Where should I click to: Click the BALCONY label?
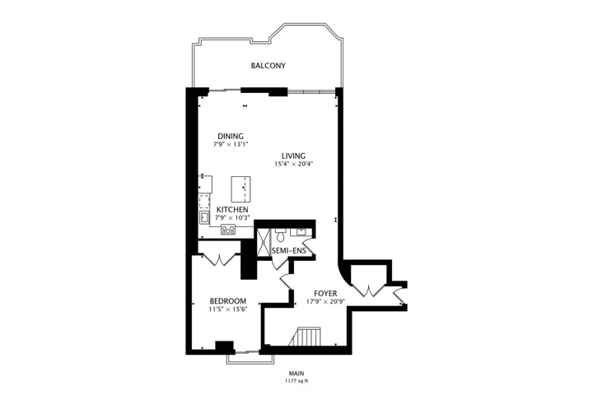pos(268,65)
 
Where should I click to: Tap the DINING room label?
pos(231,136)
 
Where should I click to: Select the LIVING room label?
pos(293,156)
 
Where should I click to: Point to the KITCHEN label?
pos(232,209)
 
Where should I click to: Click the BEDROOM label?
pos(227,301)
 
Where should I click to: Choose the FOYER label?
pos(325,293)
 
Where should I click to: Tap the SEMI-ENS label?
pos(288,251)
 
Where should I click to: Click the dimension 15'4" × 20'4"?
pos(294,164)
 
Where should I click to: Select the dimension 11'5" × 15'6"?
pos(228,309)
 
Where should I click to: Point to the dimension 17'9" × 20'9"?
pos(325,302)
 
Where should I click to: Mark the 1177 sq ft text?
pos(296,381)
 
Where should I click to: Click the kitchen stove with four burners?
pos(228,230)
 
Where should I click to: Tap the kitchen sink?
pos(204,217)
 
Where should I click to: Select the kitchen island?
pos(240,189)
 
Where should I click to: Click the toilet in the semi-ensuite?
pos(280,235)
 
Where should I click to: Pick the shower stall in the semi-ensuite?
pos(264,243)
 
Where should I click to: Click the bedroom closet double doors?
pos(219,260)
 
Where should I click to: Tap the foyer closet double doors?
pos(369,290)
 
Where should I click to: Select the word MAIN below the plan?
pos(296,374)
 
